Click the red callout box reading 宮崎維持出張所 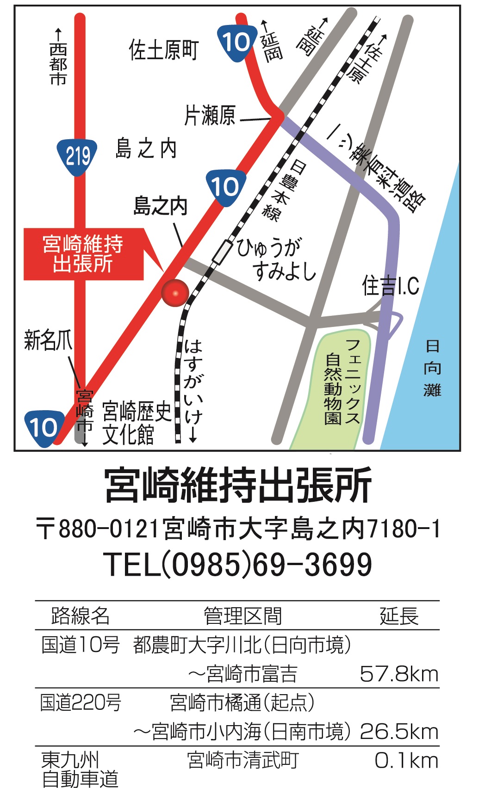(83, 254)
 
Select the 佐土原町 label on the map (164, 50)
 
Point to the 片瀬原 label (210, 116)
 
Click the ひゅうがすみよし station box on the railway (222, 252)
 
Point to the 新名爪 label (48, 340)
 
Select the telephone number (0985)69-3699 (239, 565)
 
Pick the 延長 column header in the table (399, 616)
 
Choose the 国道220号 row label (81, 702)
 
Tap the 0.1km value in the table (406, 760)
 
